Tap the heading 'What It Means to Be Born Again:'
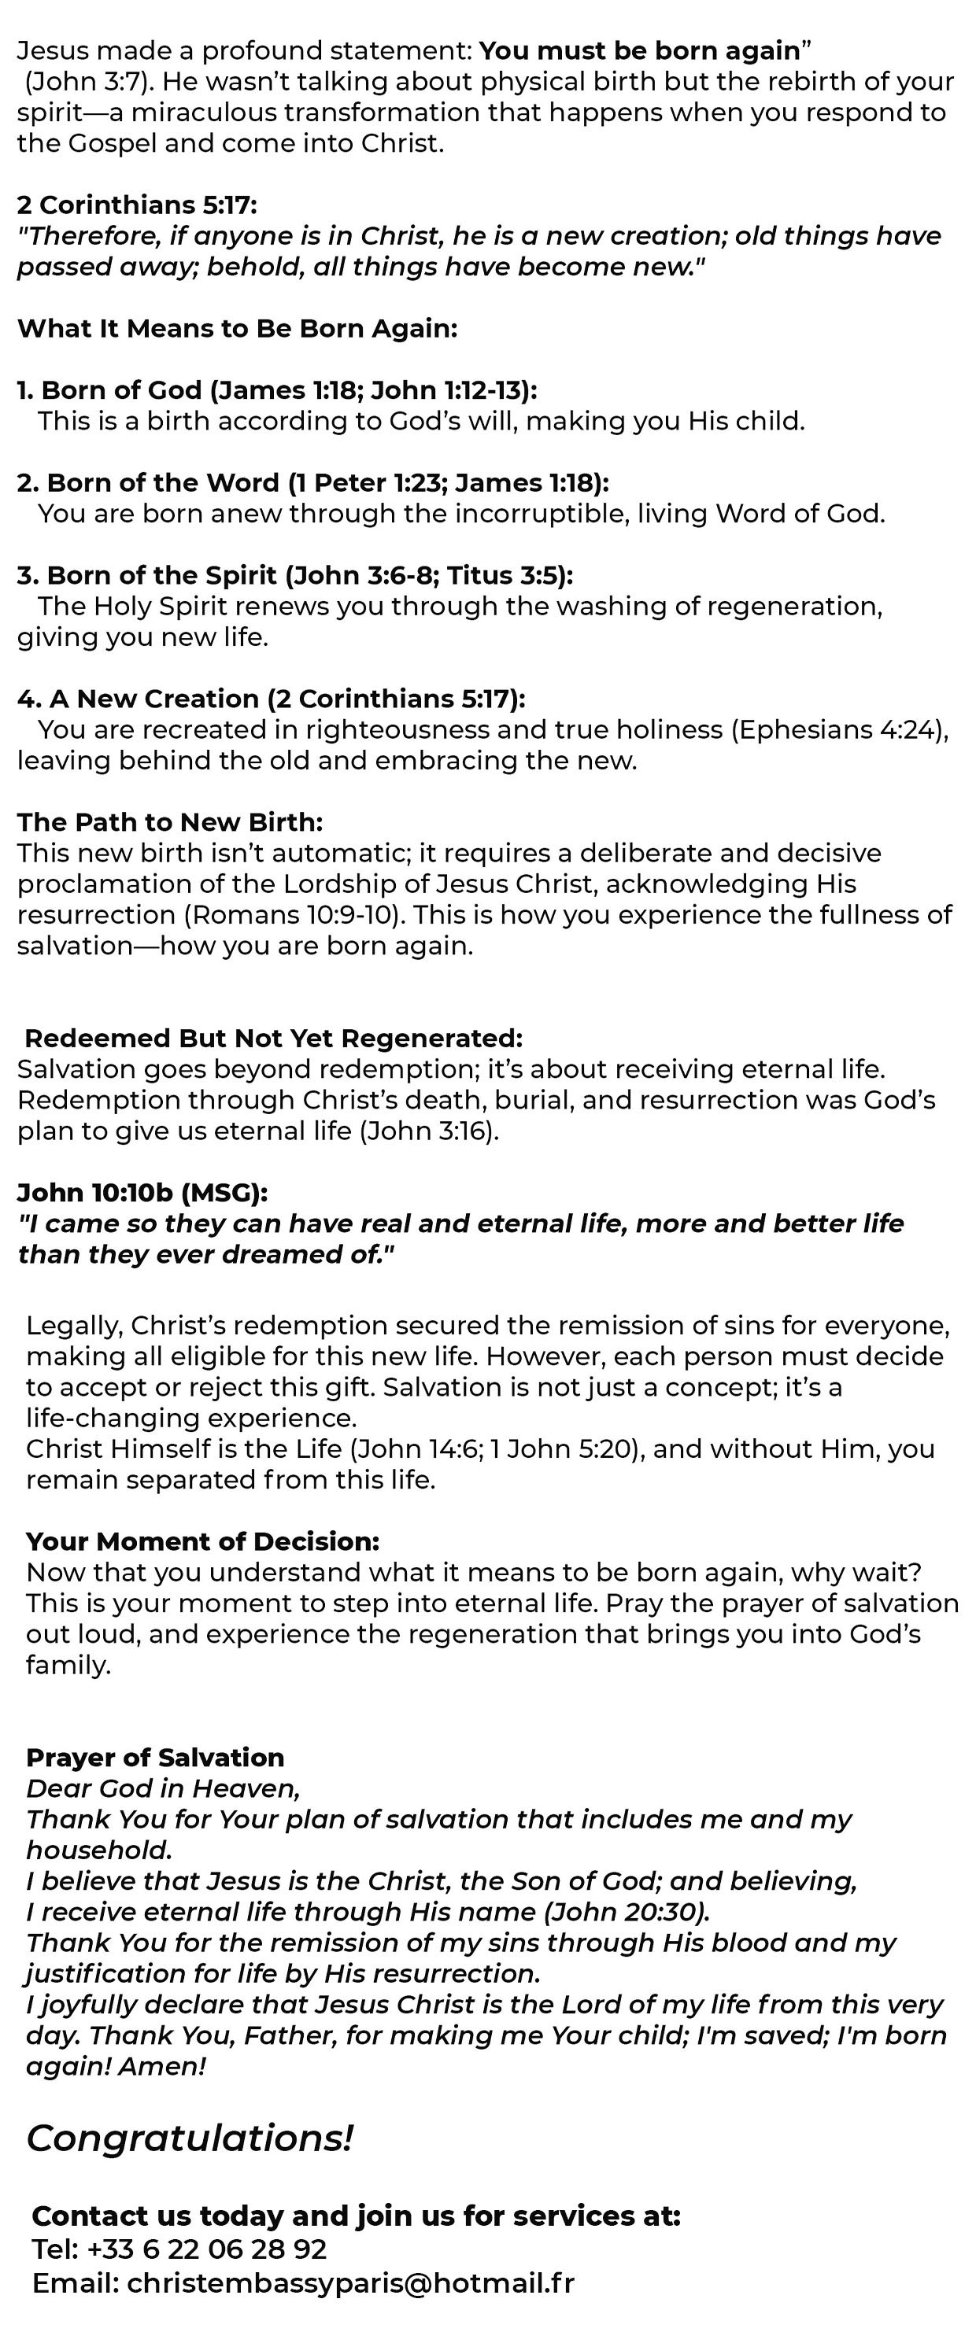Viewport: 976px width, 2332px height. pyautogui.click(x=237, y=328)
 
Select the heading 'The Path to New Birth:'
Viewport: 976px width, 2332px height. pyautogui.click(x=170, y=821)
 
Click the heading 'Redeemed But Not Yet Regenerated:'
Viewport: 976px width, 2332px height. pyautogui.click(x=273, y=1038)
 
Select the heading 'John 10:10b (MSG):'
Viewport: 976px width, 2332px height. pyautogui.click(x=143, y=1192)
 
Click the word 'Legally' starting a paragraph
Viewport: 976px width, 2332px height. pyautogui.click(x=73, y=1326)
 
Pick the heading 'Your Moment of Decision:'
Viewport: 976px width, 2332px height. pyautogui.click(x=203, y=1541)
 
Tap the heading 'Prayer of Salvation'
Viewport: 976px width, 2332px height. pyautogui.click(x=155, y=1757)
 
